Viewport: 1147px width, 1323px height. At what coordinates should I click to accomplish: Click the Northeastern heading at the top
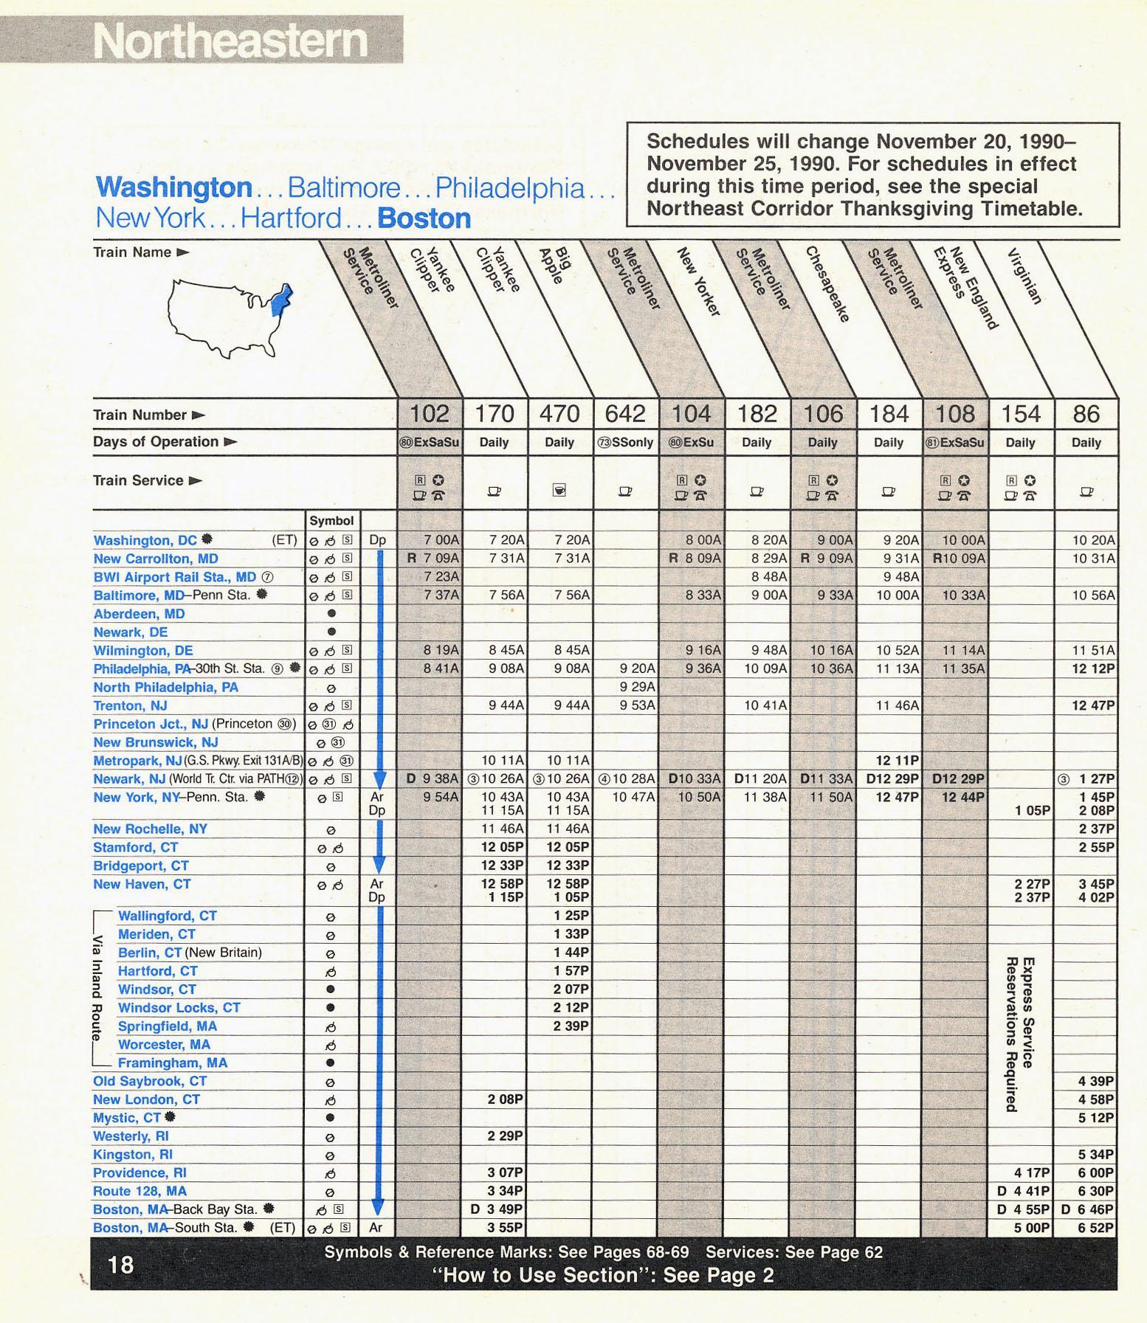click(230, 40)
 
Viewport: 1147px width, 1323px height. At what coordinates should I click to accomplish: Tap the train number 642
click(625, 414)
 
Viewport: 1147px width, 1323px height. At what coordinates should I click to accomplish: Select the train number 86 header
click(1086, 414)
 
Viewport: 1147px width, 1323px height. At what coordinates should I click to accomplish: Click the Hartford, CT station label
click(157, 971)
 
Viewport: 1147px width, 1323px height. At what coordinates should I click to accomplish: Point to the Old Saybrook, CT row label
click(149, 1081)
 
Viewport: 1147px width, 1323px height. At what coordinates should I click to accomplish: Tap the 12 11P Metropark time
click(897, 760)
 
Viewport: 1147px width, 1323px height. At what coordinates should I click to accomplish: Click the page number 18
click(121, 1265)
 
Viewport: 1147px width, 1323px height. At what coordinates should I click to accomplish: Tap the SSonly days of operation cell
click(626, 443)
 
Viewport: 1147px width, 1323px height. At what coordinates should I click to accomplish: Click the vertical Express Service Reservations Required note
click(1020, 1033)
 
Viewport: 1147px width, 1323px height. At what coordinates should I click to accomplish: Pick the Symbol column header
click(331, 520)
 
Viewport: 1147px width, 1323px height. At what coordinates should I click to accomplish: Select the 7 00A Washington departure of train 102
click(441, 540)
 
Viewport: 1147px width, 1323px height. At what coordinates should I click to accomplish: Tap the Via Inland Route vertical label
click(97, 989)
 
